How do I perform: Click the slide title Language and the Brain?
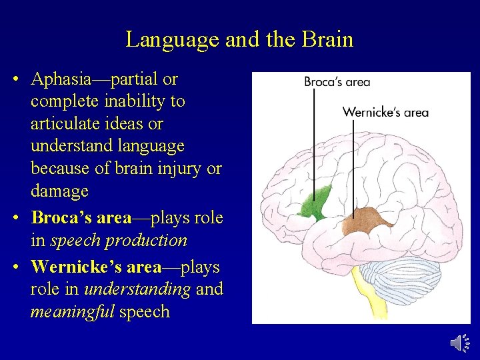click(x=239, y=39)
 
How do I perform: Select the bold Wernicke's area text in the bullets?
click(x=96, y=267)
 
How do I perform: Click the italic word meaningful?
click(x=72, y=312)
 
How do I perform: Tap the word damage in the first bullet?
click(x=59, y=191)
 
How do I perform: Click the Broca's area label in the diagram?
click(x=337, y=82)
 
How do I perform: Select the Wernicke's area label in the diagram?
click(x=385, y=112)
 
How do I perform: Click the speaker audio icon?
click(x=460, y=343)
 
